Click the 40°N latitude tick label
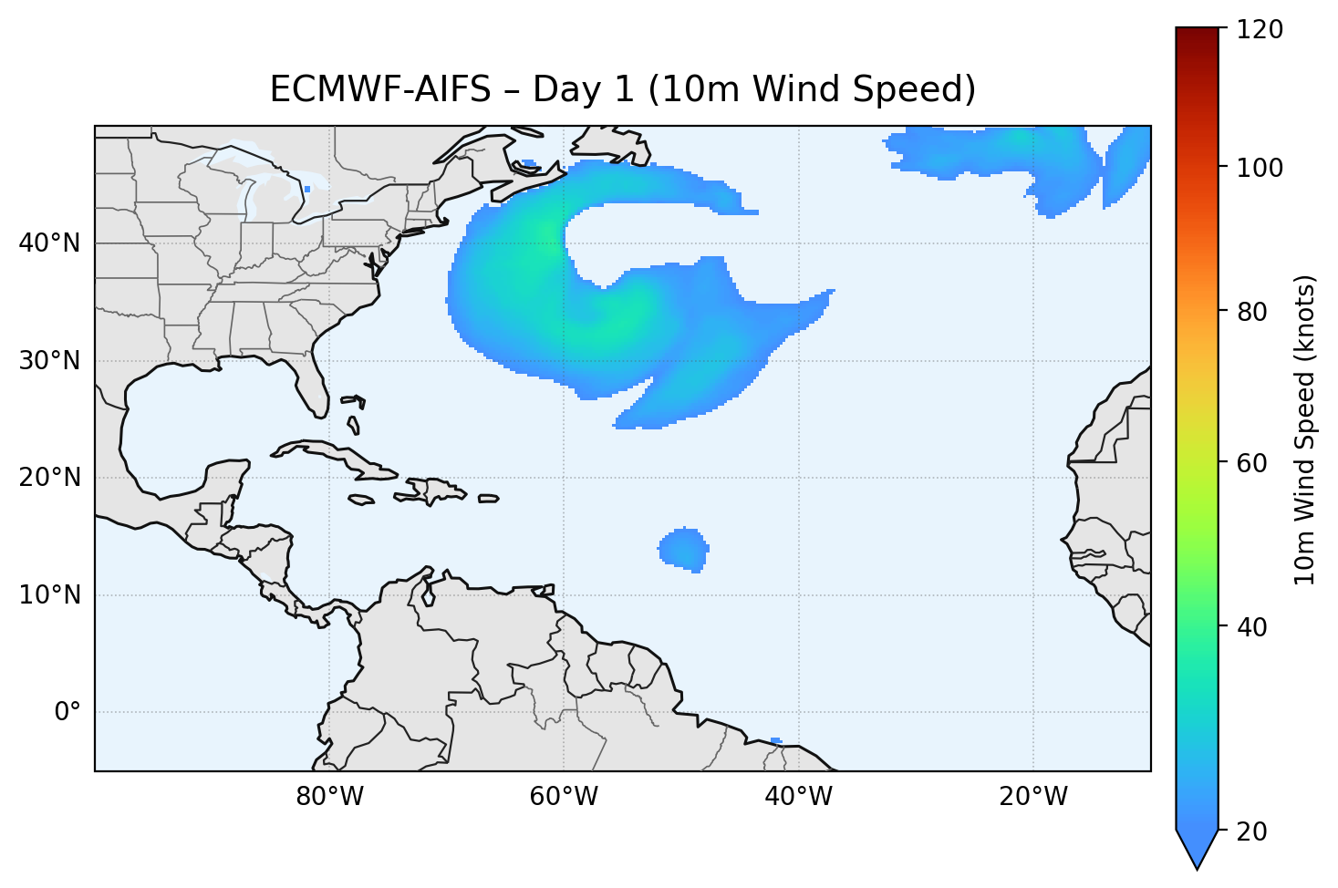[x=49, y=243]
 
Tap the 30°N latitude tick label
[x=49, y=361]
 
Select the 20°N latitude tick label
[x=49, y=478]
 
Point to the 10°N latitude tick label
[x=49, y=595]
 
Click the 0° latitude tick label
[x=67, y=712]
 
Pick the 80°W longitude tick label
[x=329, y=797]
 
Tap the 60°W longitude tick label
[x=564, y=797]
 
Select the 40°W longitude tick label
[x=798, y=797]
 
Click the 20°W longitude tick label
[x=1032, y=797]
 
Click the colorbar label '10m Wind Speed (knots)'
[x=1305, y=429]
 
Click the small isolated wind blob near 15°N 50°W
[x=683, y=549]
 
